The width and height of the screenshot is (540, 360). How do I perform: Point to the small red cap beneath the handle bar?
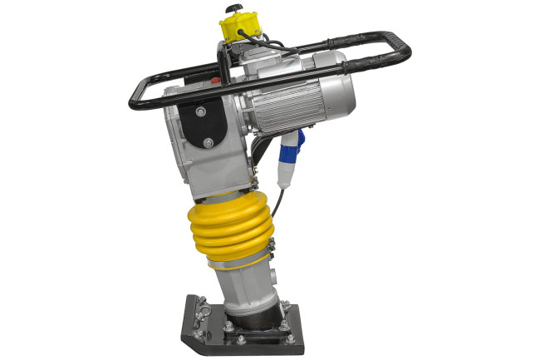215,81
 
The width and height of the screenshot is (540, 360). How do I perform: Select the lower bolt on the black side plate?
207,144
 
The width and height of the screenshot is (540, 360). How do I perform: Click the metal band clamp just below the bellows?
241,266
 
